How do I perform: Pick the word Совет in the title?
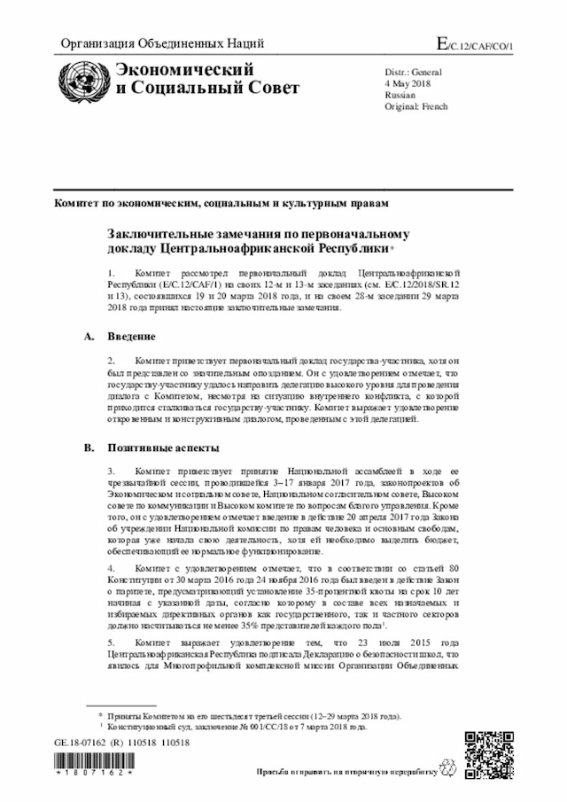point(274,88)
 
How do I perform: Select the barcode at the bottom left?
point(93,765)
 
